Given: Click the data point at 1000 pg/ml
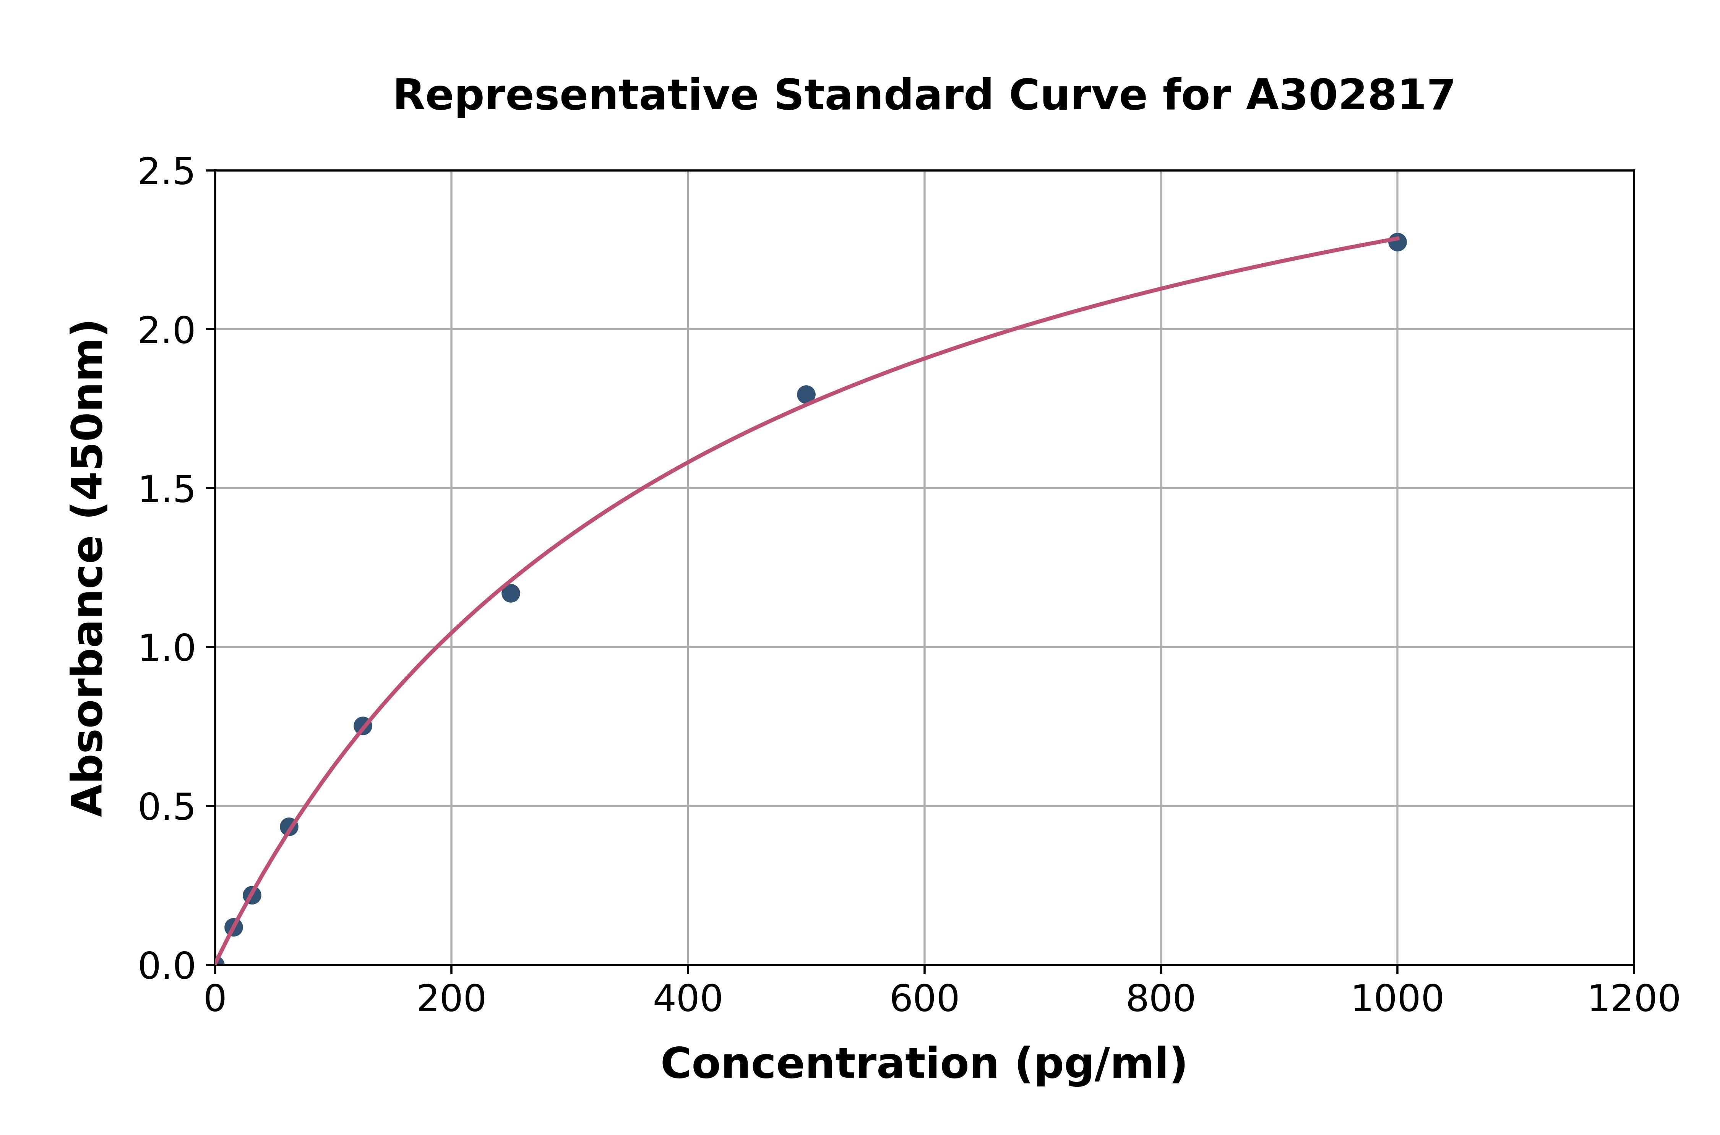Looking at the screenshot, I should click(x=1397, y=242).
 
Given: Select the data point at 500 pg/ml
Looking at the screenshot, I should click(x=806, y=394).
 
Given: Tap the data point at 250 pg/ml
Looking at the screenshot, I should click(x=510, y=593).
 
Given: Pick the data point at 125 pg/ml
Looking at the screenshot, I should click(x=363, y=726).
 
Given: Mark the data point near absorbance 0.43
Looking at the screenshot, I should click(x=289, y=827).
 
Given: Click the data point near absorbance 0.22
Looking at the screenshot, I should click(x=252, y=895).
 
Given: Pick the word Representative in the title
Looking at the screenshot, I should click(x=576, y=96).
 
